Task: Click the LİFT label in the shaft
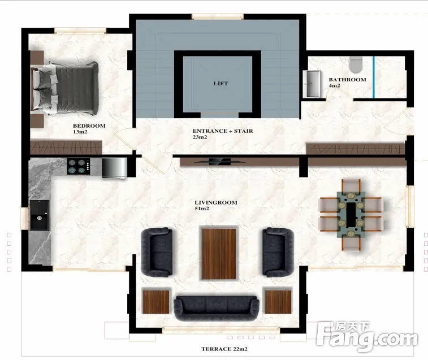pyautogui.click(x=221, y=84)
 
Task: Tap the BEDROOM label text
pyautogui.click(x=89, y=126)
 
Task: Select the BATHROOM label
pyautogui.click(x=347, y=80)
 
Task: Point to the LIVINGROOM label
pyautogui.click(x=216, y=202)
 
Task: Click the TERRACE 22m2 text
pyautogui.click(x=224, y=349)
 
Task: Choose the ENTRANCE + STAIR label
pyautogui.click(x=223, y=131)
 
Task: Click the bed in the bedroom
pyautogui.click(x=65, y=88)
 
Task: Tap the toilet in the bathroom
pyautogui.click(x=356, y=65)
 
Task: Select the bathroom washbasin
pyautogui.click(x=313, y=84)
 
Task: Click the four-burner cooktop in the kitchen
pyautogui.click(x=79, y=167)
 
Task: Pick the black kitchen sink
pyautogui.click(x=40, y=215)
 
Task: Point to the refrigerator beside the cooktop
pyautogui.click(x=114, y=168)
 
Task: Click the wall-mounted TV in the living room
pyautogui.click(x=219, y=162)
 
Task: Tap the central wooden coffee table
pyautogui.click(x=219, y=254)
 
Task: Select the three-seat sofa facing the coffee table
pyautogui.click(x=217, y=308)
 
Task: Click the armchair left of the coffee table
pyautogui.click(x=157, y=253)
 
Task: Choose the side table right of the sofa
pyautogui.click(x=278, y=302)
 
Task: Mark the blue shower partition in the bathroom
pyautogui.click(x=374, y=77)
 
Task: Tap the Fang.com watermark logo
pyautogui.click(x=367, y=336)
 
